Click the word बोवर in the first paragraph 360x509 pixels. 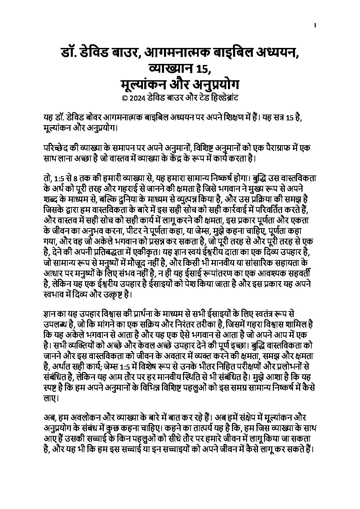[x=102, y=118]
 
